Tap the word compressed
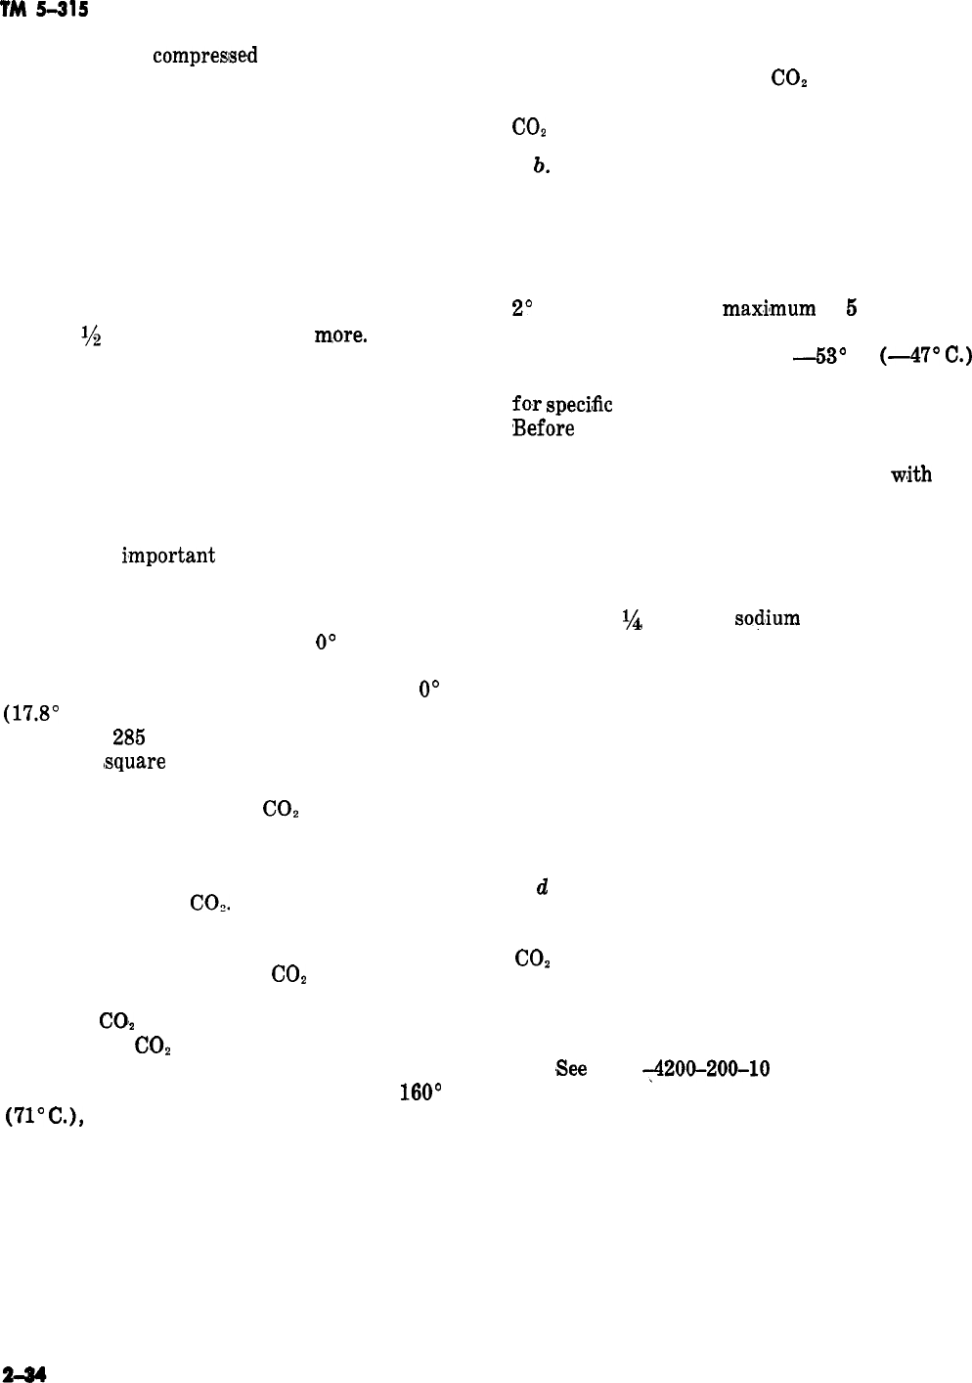click(204, 57)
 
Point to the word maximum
click(769, 310)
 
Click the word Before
click(543, 428)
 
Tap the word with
click(909, 475)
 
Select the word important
click(167, 556)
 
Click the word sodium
click(767, 618)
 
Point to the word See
click(570, 1069)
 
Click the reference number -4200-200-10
click(705, 1069)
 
